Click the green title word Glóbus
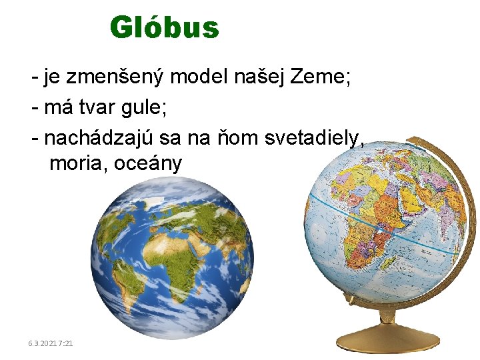[164, 28]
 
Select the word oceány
[147, 163]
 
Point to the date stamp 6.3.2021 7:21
[51, 343]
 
